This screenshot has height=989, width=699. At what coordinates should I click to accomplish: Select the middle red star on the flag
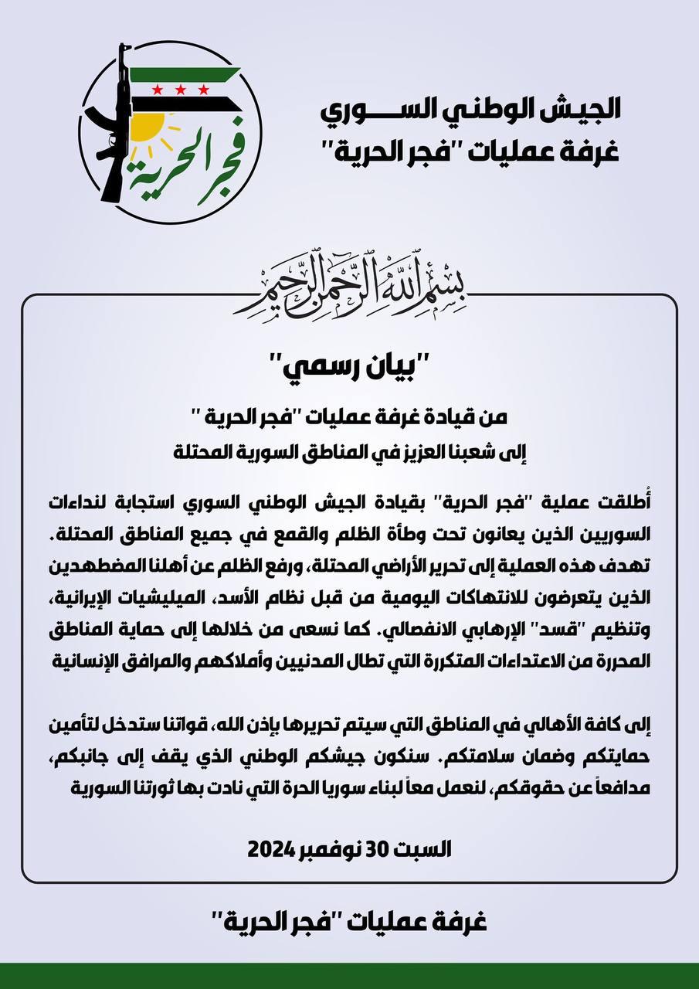click(x=178, y=90)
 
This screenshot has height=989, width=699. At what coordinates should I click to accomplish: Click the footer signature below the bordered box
click(x=349, y=921)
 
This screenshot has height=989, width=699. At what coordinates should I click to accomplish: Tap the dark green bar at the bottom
click(x=349, y=975)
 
